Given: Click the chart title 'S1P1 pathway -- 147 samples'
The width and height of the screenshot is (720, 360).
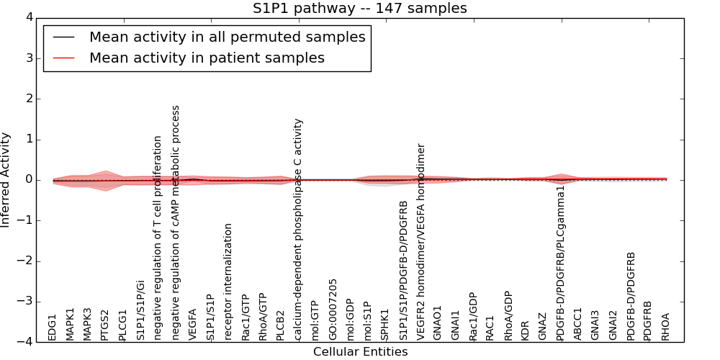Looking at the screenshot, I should click(x=359, y=9).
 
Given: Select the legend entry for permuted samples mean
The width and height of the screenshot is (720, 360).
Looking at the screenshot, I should click(x=227, y=37).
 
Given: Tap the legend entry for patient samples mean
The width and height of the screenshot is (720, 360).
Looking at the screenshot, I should click(x=207, y=58).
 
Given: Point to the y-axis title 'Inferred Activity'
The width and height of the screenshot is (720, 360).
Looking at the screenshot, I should click(x=6, y=179).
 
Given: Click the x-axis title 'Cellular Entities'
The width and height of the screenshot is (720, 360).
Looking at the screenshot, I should click(x=360, y=352).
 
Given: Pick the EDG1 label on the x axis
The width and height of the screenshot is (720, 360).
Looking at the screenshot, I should click(x=53, y=327).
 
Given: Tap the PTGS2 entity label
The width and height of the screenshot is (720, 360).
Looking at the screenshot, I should click(x=105, y=325).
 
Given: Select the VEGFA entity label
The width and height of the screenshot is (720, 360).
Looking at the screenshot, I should click(x=193, y=325).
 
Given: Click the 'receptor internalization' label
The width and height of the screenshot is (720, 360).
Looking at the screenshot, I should click(x=228, y=282).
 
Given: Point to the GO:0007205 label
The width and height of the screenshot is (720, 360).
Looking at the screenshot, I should click(x=333, y=310).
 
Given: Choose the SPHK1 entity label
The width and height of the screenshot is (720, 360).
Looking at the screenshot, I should click(x=386, y=325).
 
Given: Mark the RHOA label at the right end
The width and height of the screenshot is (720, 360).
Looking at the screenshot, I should click(x=666, y=326).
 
